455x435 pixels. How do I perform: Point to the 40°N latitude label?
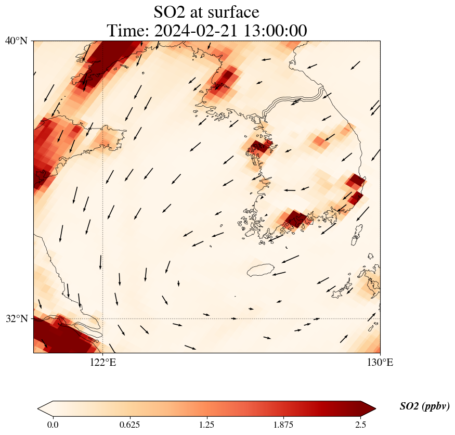(16, 41)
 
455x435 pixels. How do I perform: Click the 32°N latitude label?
(16, 318)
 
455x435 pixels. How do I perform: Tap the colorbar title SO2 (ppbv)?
(424, 406)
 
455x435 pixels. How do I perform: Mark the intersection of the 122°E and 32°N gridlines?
(103, 318)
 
